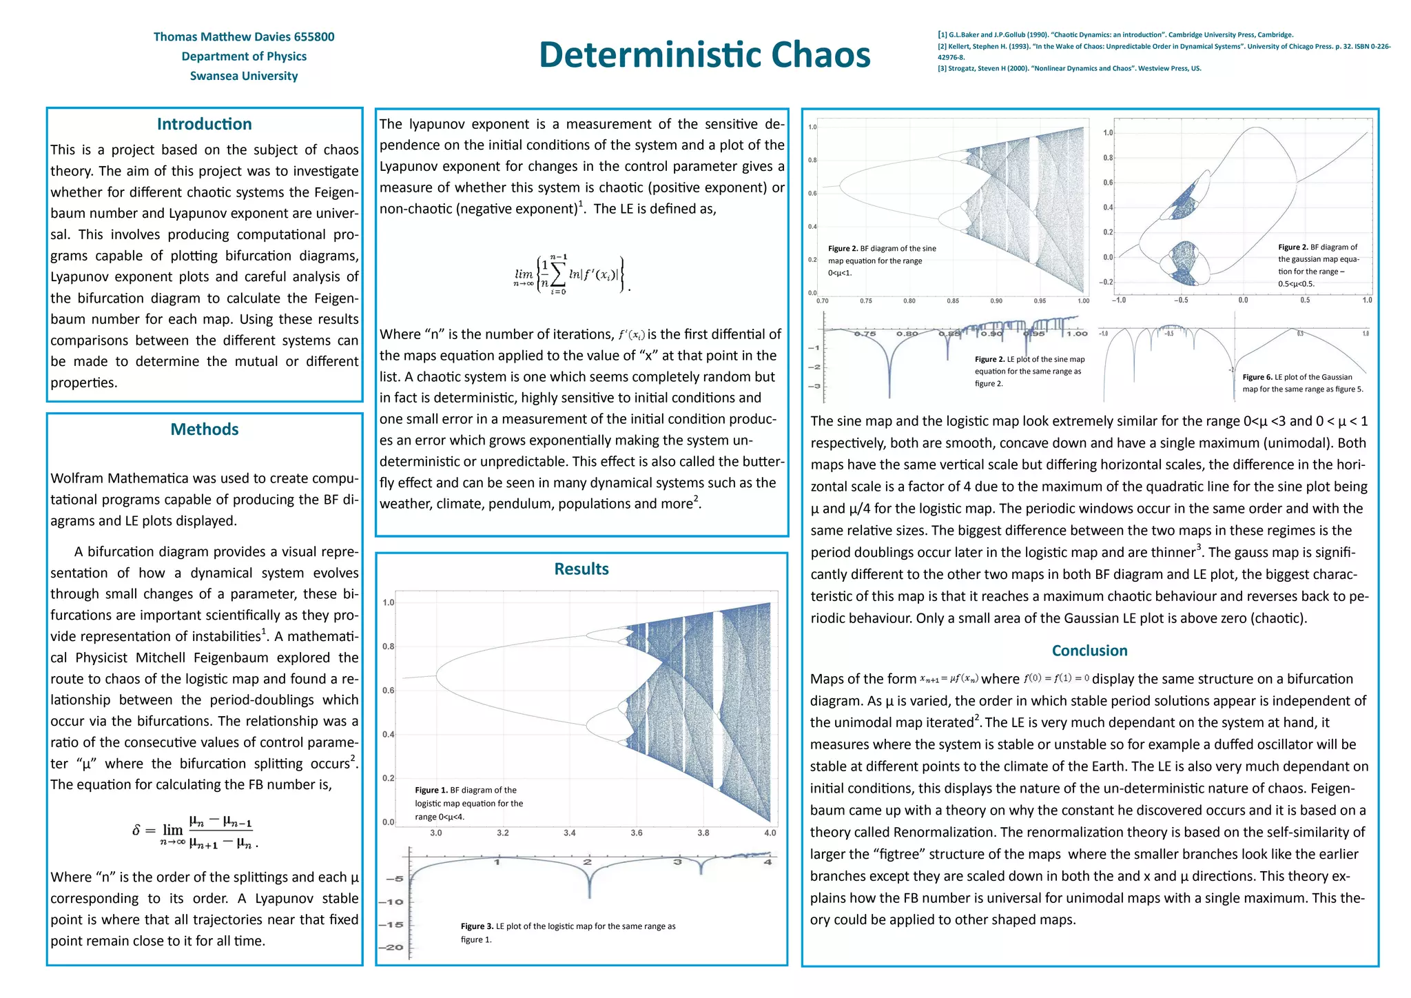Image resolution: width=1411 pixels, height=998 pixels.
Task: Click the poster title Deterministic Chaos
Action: (704, 54)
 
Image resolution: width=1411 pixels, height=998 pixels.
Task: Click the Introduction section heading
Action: (204, 124)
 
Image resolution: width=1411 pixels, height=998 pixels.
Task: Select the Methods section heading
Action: (204, 429)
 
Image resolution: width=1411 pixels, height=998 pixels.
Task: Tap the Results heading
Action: (581, 569)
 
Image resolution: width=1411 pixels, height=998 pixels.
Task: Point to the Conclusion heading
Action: (1089, 651)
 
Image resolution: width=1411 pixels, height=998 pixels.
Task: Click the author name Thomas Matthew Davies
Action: (243, 37)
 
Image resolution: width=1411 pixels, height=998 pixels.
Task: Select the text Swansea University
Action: (243, 76)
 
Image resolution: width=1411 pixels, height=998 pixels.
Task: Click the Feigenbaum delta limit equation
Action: (195, 831)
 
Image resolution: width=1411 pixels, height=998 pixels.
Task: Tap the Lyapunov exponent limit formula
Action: (572, 274)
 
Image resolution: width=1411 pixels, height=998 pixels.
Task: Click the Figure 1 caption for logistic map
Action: (468, 803)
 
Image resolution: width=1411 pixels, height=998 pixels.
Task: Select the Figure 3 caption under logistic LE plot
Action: (568, 933)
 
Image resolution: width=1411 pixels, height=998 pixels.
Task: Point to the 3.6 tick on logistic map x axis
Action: (636, 833)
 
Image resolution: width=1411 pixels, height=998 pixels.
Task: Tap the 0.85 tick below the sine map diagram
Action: (953, 301)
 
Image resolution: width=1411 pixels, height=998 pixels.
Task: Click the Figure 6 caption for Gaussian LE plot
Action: (1302, 383)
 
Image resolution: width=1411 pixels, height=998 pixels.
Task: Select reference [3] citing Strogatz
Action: (1069, 68)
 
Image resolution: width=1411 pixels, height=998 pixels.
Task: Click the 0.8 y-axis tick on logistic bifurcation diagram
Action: (389, 646)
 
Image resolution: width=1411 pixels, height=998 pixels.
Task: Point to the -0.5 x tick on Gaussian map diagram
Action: (1180, 300)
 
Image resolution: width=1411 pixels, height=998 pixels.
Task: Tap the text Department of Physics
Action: (243, 57)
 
